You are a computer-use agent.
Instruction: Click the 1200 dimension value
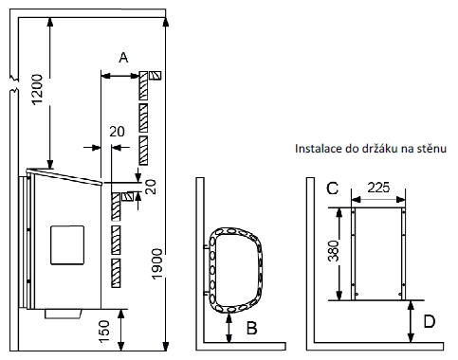point(37,89)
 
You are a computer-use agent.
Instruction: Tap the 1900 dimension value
point(157,264)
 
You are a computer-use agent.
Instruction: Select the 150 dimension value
point(104,332)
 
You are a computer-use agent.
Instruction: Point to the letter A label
point(123,58)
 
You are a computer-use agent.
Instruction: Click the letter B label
point(252,328)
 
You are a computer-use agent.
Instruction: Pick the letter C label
point(333,189)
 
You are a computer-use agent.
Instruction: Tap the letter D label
point(429,321)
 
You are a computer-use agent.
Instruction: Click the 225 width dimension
point(378,188)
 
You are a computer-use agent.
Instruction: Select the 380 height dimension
point(333,251)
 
